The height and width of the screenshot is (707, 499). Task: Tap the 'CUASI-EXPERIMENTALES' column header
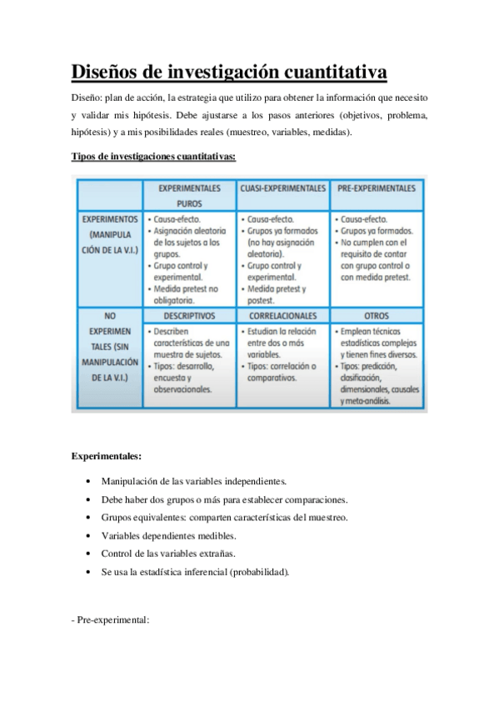(x=282, y=189)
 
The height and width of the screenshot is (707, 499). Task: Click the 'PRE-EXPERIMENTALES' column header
(x=376, y=189)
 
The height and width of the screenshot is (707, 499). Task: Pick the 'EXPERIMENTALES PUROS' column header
(x=189, y=196)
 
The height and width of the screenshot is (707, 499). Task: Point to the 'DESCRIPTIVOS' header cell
(x=189, y=316)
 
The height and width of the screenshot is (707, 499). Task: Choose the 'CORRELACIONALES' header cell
(x=282, y=316)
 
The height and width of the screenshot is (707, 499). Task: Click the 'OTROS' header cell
(x=376, y=316)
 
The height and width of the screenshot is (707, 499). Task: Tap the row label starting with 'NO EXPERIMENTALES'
(x=106, y=353)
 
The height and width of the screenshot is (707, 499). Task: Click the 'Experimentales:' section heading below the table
(x=106, y=456)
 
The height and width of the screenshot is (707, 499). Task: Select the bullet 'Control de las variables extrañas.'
(x=167, y=554)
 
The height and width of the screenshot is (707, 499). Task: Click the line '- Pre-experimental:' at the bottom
(x=110, y=619)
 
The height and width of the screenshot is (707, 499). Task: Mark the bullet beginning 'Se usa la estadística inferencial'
(x=195, y=573)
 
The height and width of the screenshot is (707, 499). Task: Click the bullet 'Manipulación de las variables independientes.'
(x=193, y=481)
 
